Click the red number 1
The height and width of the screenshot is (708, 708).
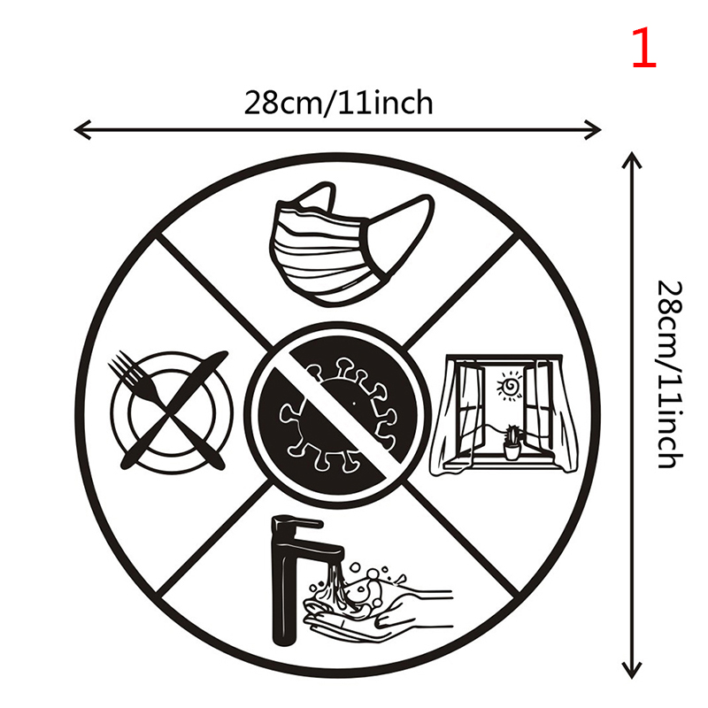pos(644,48)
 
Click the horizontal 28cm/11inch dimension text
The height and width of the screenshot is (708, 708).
pos(339,104)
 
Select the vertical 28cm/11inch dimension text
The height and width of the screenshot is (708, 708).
pos(669,374)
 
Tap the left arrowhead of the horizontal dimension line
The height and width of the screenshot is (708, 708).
pos(82,130)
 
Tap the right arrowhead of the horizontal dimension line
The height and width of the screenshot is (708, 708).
pos(592,130)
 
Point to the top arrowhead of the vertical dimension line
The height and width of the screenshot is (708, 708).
pos(632,160)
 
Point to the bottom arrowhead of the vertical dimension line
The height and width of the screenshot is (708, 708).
pos(632,670)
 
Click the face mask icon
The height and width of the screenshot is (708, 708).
pos(351,245)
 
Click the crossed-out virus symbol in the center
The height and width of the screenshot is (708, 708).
pos(338,414)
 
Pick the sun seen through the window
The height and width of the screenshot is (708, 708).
pos(511,385)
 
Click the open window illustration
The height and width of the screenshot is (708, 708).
pos(504,414)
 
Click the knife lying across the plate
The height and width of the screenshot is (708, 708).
pos(173,409)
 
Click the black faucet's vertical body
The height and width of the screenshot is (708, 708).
pos(284,587)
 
